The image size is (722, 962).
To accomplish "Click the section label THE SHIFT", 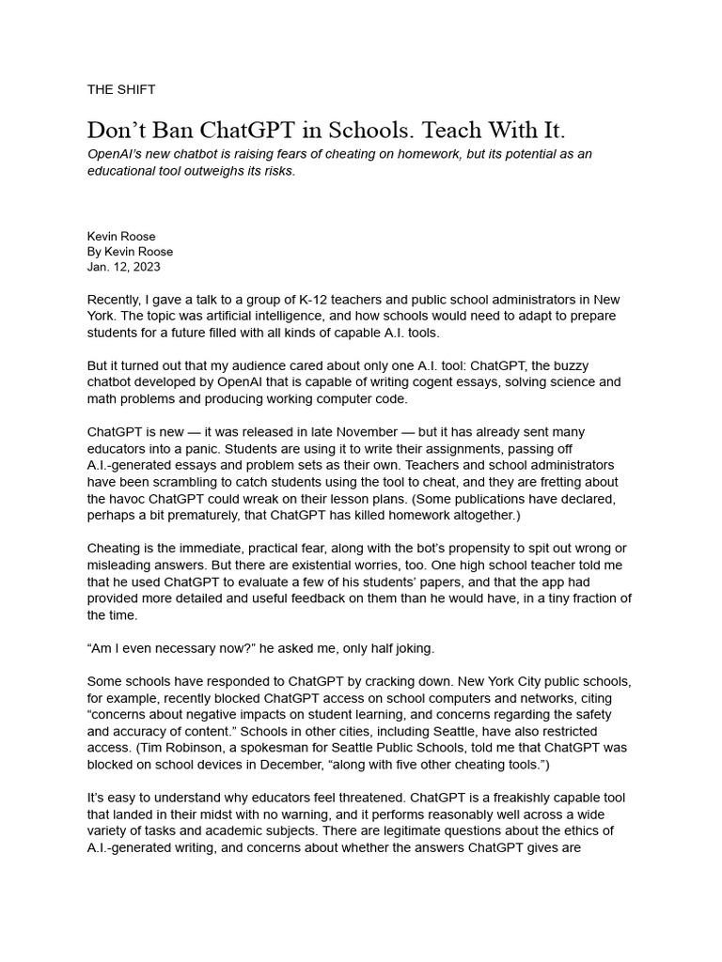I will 121,89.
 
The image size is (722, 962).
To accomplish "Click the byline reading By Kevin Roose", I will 130,252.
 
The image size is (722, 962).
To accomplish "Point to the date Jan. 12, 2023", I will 124,267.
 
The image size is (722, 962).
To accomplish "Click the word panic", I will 191,449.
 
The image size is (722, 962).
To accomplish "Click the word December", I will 335,766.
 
